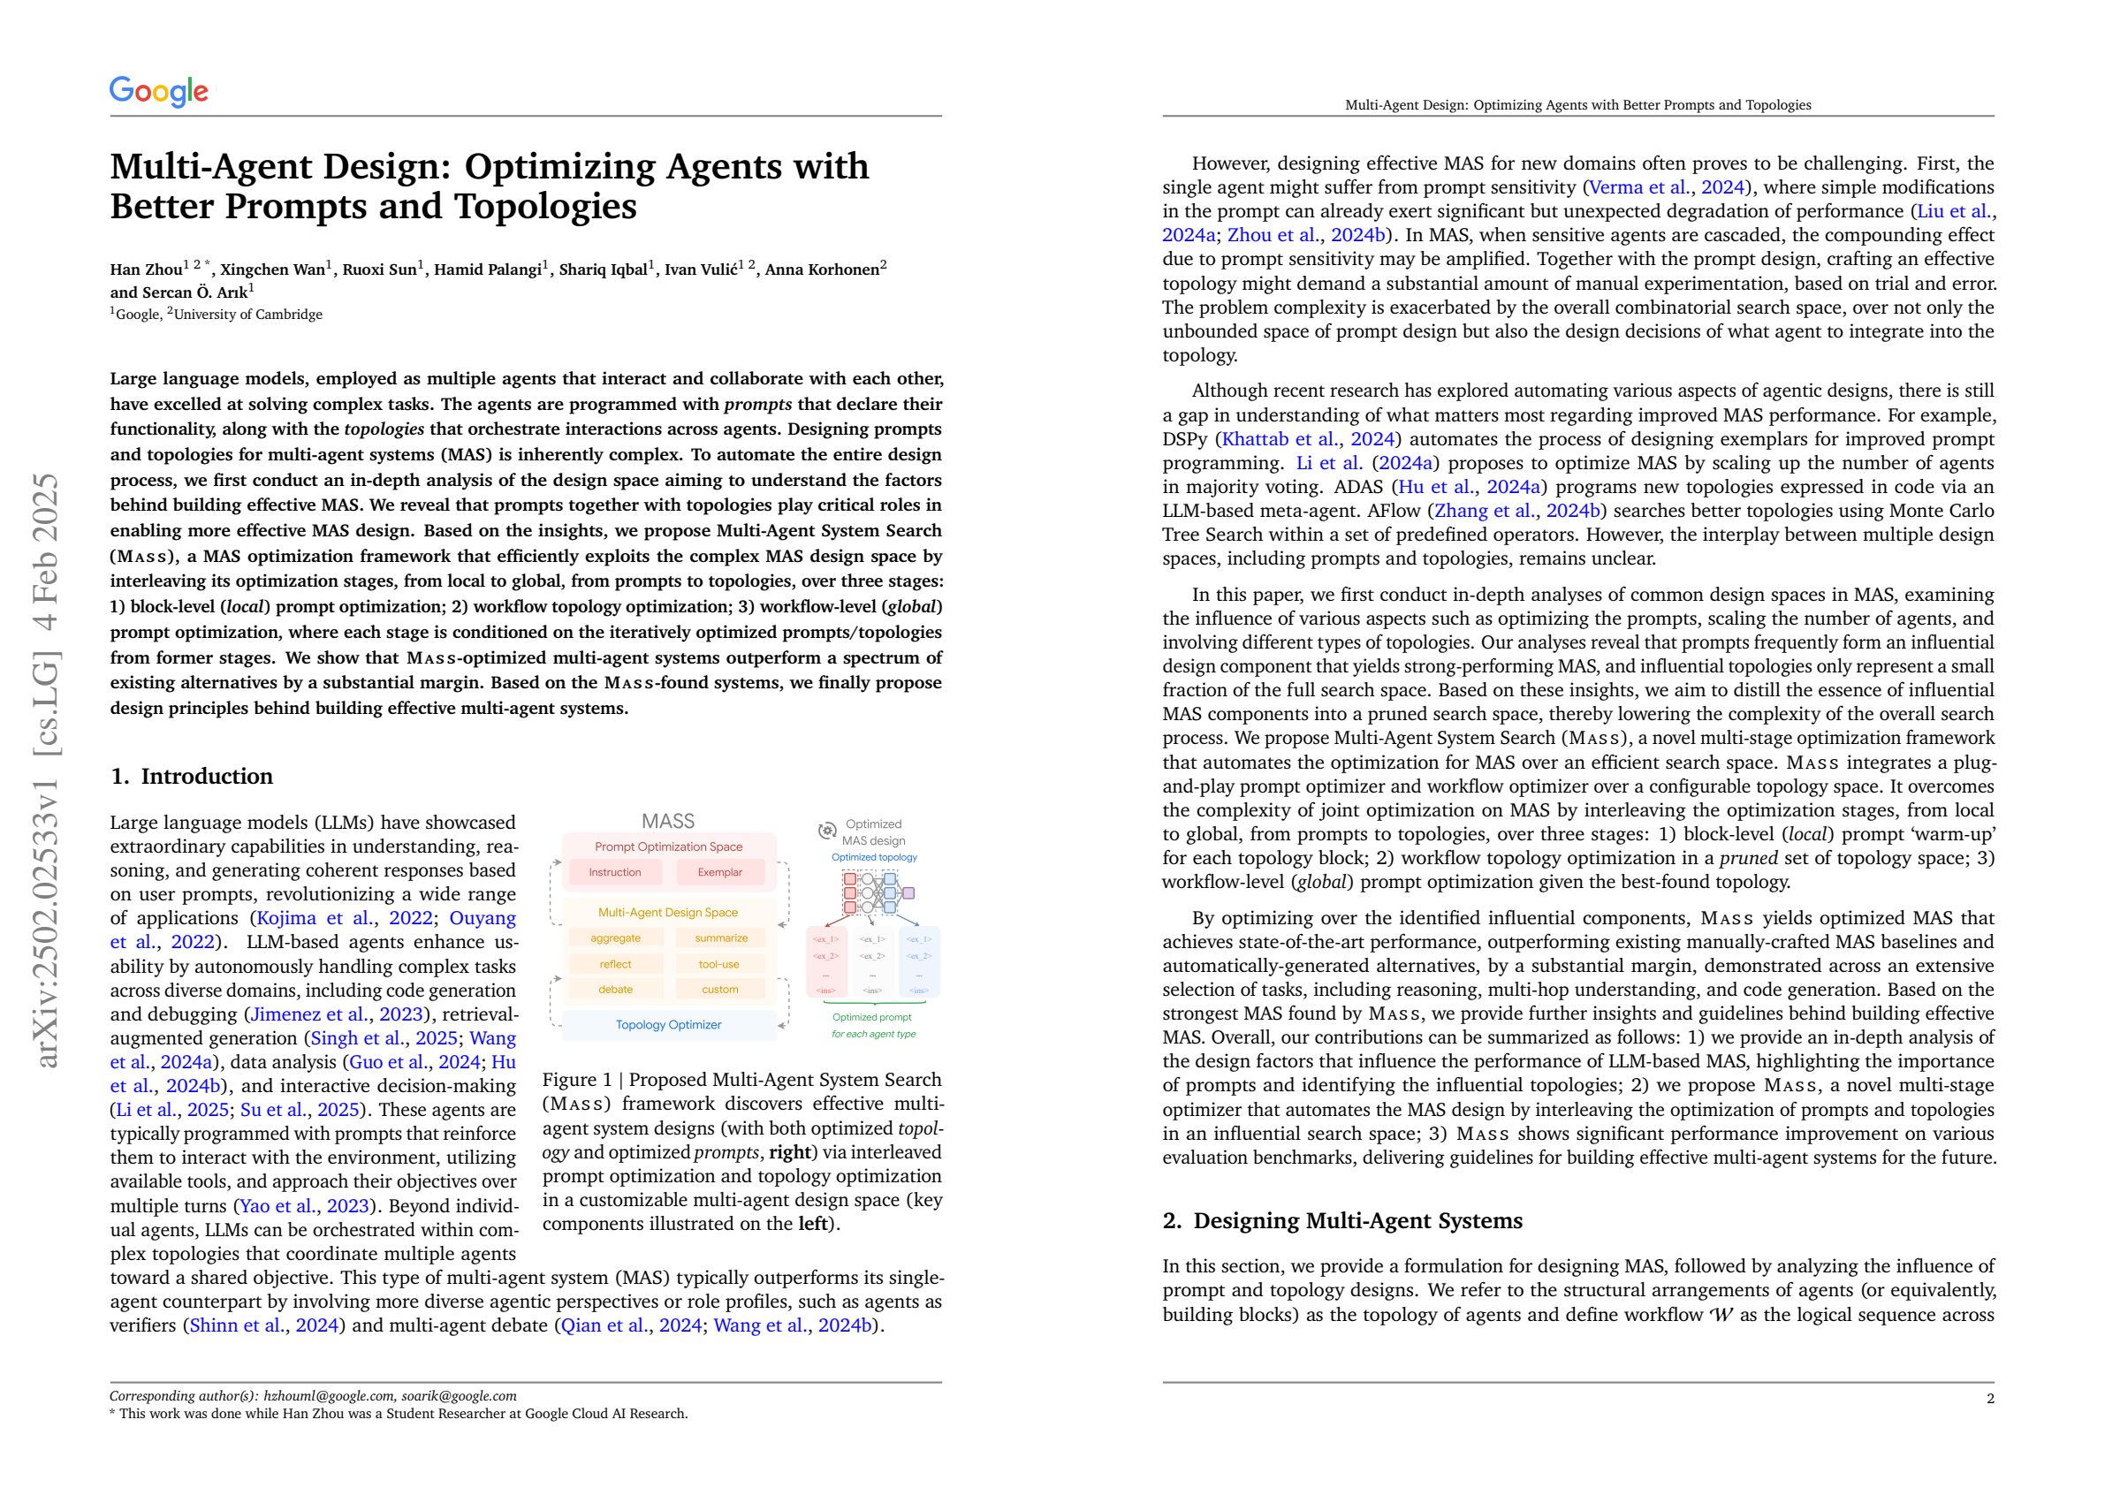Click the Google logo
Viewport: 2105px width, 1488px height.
coord(158,91)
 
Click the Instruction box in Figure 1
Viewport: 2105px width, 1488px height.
coord(614,872)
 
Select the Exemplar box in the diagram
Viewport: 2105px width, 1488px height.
coord(719,872)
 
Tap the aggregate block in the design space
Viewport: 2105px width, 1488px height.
coord(614,938)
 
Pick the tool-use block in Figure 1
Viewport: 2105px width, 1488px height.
coord(719,964)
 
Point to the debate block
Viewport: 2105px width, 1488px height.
coord(614,990)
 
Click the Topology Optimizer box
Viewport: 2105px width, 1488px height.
coord(668,1024)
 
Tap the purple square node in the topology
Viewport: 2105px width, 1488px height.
coord(908,892)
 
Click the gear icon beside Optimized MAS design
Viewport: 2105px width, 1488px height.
coord(827,831)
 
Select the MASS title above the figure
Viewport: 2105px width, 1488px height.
coord(668,821)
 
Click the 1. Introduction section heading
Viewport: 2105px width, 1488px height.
coord(192,777)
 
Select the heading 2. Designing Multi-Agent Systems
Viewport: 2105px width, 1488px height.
coord(1342,1220)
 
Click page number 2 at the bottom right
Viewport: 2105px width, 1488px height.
coord(1989,1398)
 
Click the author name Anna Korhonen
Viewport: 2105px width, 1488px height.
coord(823,270)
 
